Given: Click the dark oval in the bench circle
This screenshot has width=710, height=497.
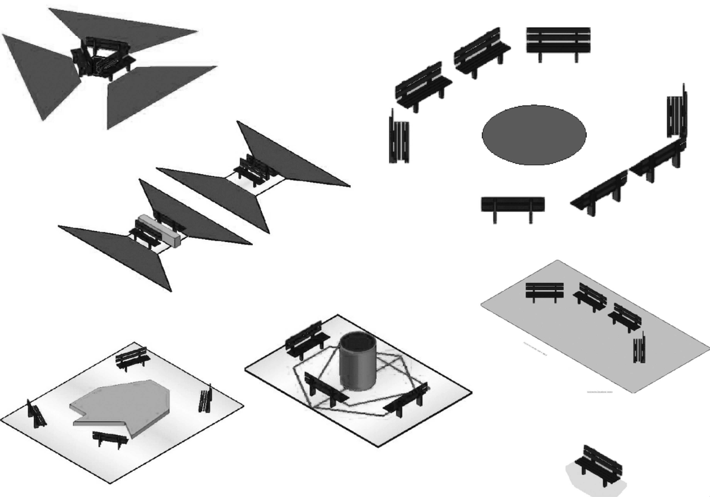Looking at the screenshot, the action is pos(534,135).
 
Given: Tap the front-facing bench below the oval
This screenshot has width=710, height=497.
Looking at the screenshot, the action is pos(513,207).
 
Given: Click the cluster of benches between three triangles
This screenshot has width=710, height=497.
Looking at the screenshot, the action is pos(102,57).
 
